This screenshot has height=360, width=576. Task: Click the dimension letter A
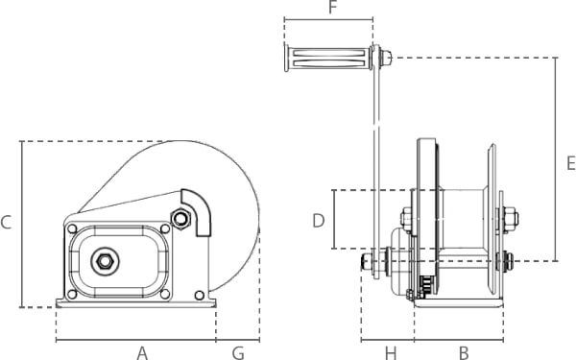click(x=142, y=353)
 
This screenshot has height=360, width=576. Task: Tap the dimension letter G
click(x=238, y=353)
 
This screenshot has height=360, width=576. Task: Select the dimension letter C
click(x=7, y=223)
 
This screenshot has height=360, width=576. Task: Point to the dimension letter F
click(x=333, y=7)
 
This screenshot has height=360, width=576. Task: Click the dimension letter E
click(x=571, y=163)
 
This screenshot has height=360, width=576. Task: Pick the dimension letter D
click(x=319, y=221)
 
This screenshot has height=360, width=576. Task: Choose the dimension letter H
click(x=391, y=353)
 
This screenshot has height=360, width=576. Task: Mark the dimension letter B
click(x=464, y=353)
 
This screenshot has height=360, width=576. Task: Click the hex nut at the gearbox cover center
click(x=105, y=261)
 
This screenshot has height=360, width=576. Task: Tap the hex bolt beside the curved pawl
click(x=180, y=219)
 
